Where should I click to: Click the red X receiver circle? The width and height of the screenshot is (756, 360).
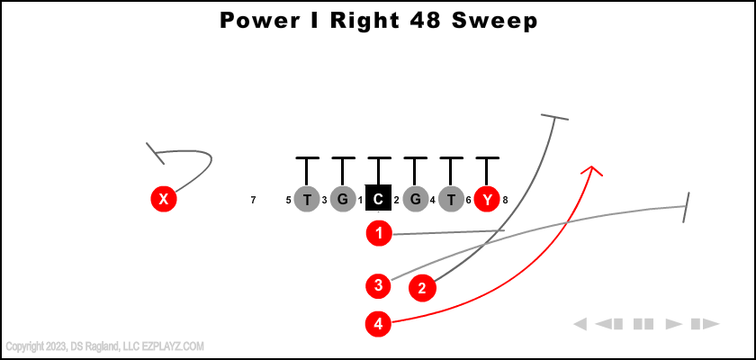[163, 199]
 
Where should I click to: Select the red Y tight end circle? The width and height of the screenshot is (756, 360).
[487, 199]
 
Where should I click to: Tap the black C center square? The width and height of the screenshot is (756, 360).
[379, 199]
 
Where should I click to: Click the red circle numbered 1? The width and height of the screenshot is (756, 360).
[379, 234]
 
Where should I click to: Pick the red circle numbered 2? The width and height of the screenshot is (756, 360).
[422, 288]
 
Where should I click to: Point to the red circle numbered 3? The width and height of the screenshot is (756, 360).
[379, 286]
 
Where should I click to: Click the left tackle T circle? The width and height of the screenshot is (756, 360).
[307, 199]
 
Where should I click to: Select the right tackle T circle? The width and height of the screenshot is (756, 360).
[451, 199]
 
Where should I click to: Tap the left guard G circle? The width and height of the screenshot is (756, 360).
[343, 199]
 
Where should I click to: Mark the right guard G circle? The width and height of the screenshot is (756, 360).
[415, 199]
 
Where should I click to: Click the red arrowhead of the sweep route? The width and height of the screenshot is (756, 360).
[592, 169]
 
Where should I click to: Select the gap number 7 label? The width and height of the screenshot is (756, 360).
[253, 200]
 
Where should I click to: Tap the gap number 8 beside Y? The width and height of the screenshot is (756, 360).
[506, 200]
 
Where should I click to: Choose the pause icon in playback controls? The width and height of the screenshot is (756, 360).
[643, 324]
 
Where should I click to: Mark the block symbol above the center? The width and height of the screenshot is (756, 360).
[379, 159]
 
